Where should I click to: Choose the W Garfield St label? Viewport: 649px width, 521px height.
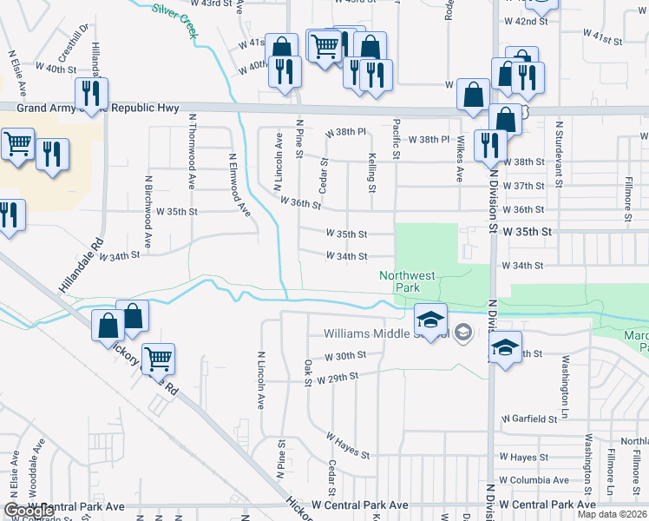[528, 419]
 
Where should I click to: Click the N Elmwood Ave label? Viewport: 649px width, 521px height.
[239, 186]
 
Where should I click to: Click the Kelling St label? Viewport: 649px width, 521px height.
[371, 172]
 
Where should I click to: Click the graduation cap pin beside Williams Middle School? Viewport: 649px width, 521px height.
[429, 320]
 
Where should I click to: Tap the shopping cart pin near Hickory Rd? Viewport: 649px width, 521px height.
[157, 358]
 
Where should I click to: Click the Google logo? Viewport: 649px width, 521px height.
[29, 511]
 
